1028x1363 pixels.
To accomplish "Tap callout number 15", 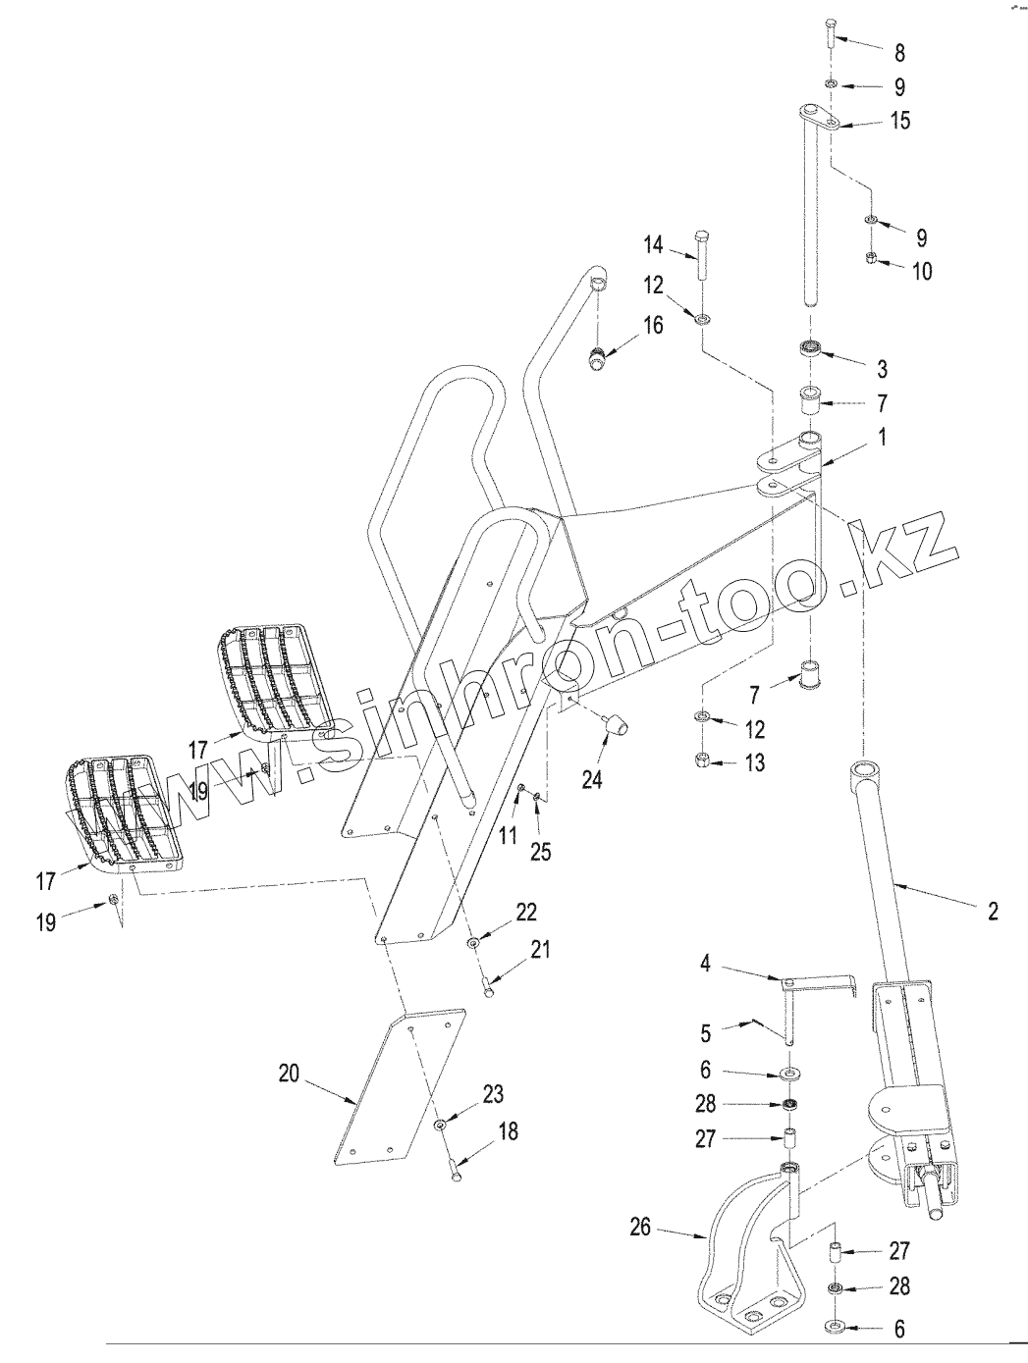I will (900, 122).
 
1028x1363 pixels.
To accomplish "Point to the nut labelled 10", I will (870, 259).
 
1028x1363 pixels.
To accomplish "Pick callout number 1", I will (882, 439).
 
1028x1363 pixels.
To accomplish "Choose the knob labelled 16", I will (597, 359).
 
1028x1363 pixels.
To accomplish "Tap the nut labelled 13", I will (703, 760).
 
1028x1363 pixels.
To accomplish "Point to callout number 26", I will (640, 1228).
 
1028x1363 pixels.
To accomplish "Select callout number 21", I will (540, 950).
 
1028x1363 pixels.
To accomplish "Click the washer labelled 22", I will (474, 942).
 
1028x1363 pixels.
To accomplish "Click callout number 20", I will (288, 1074).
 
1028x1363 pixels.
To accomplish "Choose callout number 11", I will (507, 836).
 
